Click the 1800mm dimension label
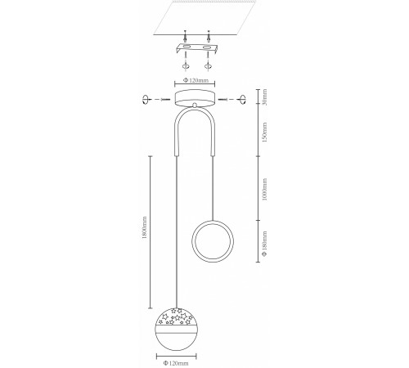click(x=145, y=227)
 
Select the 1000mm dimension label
click(x=264, y=190)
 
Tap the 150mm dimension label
click(x=264, y=132)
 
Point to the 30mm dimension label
click(x=264, y=96)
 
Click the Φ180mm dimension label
click(x=264, y=244)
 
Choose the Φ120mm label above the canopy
click(x=196, y=80)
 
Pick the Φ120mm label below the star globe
click(x=176, y=363)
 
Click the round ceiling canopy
click(x=195, y=99)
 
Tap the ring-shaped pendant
click(x=213, y=241)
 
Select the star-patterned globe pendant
click(x=176, y=330)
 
